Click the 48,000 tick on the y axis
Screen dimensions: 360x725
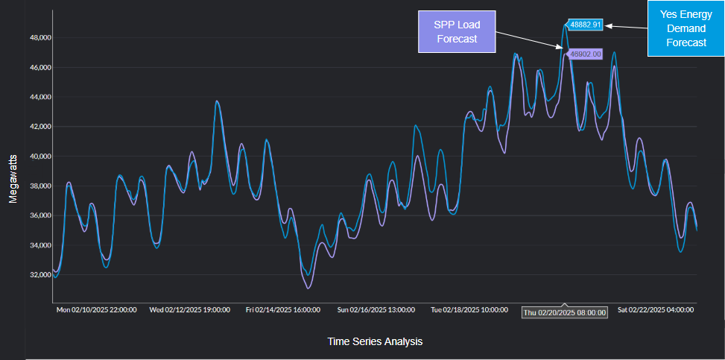39,37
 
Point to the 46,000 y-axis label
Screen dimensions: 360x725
39,67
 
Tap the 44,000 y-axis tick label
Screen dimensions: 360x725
39,97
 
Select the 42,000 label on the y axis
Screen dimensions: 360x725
39,127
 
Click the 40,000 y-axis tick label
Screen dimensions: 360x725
39,157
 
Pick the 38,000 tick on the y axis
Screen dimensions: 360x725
39,186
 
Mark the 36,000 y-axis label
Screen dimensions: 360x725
39,215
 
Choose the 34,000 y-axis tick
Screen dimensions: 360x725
39,245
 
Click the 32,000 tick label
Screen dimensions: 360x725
39,275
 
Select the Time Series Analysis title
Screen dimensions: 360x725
375,341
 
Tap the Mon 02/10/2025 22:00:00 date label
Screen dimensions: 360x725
97,309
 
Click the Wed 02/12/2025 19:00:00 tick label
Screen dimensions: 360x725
190,309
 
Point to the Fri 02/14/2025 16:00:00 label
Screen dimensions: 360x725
283,309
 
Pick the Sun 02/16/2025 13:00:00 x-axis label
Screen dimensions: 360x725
376,309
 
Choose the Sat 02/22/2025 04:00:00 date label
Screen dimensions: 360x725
656,309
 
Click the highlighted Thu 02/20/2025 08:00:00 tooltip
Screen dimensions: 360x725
564,312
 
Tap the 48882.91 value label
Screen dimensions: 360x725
585,25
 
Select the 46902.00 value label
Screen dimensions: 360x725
585,54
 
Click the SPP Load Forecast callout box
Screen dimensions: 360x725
458,33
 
